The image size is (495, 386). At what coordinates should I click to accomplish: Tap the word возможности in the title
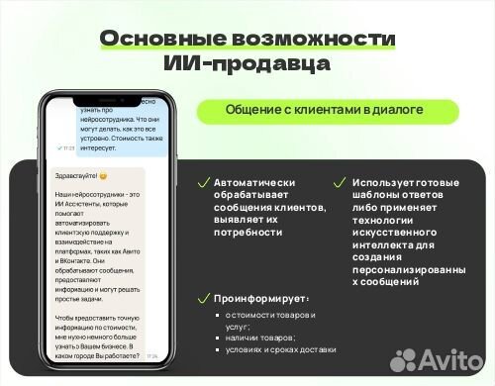pos(316,39)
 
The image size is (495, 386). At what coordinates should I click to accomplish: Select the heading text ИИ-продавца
pos(247,64)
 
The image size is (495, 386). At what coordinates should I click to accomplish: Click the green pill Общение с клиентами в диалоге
pos(311,111)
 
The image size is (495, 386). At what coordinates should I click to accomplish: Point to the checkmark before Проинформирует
pos(204,298)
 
